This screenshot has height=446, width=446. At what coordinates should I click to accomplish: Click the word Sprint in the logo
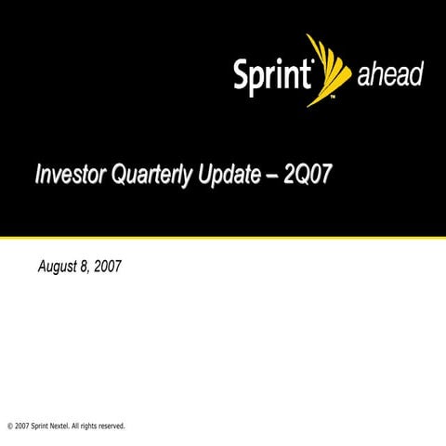272,75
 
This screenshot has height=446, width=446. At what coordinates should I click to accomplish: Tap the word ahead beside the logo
390,76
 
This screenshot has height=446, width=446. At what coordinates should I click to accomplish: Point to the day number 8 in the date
85,267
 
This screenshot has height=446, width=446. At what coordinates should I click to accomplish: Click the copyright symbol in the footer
8,426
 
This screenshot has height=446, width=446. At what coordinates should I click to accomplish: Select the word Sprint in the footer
44,426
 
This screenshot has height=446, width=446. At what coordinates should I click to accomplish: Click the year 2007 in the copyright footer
21,426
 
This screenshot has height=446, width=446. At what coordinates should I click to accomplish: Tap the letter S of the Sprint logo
241,74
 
